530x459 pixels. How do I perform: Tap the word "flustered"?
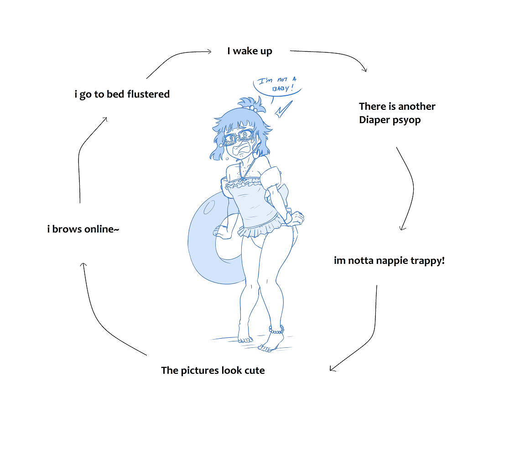[148, 94]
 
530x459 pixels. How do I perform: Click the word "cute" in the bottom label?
[255, 370]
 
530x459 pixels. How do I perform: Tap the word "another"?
[416, 106]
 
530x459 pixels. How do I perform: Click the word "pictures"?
[199, 370]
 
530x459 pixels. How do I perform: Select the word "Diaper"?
[374, 120]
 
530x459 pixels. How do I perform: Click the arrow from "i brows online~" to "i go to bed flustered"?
[84, 150]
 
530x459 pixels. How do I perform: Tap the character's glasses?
[237, 136]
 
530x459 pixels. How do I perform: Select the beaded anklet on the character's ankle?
[276, 329]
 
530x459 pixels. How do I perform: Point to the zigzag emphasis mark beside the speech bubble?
[283, 109]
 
